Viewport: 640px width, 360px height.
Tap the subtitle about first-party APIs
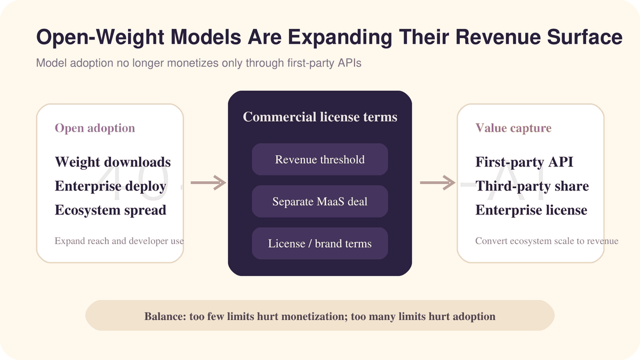tap(198, 63)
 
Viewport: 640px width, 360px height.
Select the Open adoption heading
tap(95, 128)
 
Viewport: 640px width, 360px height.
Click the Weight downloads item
tap(113, 162)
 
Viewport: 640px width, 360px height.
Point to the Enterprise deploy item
tap(110, 186)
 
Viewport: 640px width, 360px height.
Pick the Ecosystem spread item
tap(110, 210)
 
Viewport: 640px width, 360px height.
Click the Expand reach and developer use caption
tap(119, 241)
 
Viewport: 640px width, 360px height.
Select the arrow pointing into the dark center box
tap(209, 182)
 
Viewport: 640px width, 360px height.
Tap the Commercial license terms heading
tap(320, 117)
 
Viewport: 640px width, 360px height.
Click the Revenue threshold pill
tap(320, 159)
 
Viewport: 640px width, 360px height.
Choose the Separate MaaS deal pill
tap(320, 202)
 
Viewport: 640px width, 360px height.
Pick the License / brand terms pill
tap(320, 243)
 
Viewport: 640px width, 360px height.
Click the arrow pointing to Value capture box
tap(438, 182)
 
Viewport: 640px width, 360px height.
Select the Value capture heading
tap(514, 128)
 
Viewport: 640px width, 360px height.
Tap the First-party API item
tap(524, 162)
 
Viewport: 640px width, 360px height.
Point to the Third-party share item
tap(532, 186)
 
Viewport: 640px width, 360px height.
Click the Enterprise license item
tap(531, 210)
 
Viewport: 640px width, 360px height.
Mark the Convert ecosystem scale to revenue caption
tap(547, 241)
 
